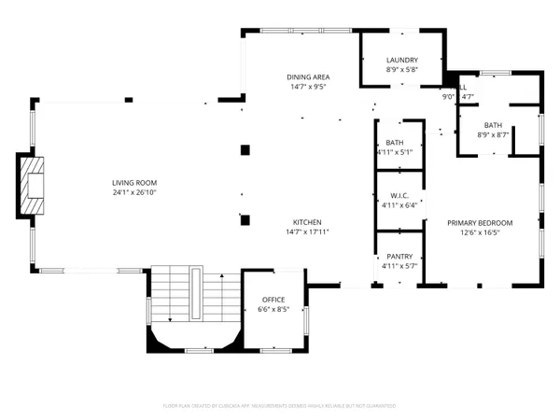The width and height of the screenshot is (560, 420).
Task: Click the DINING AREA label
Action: pyautogui.click(x=308, y=77)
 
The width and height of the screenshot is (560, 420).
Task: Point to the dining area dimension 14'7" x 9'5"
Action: pyautogui.click(x=308, y=86)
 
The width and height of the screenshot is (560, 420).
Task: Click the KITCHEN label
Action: pyautogui.click(x=307, y=222)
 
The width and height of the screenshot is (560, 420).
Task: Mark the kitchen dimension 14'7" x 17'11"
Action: pyautogui.click(x=307, y=231)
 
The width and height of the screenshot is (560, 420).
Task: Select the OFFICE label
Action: pyautogui.click(x=272, y=300)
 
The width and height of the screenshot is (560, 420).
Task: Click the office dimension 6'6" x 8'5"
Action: pyautogui.click(x=272, y=309)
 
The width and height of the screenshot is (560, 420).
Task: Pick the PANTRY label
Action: pyautogui.click(x=399, y=257)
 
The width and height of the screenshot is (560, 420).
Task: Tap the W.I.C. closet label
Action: pyautogui.click(x=399, y=196)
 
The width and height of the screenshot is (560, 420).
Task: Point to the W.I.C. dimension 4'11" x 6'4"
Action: pyautogui.click(x=399, y=205)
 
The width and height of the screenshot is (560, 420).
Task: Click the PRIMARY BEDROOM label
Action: pyautogui.click(x=481, y=222)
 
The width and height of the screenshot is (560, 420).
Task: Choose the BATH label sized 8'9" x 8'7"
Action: pyautogui.click(x=493, y=125)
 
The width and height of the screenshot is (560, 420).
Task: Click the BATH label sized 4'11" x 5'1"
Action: pyautogui.click(x=394, y=143)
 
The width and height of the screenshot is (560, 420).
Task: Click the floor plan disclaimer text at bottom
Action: pyautogui.click(x=280, y=406)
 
